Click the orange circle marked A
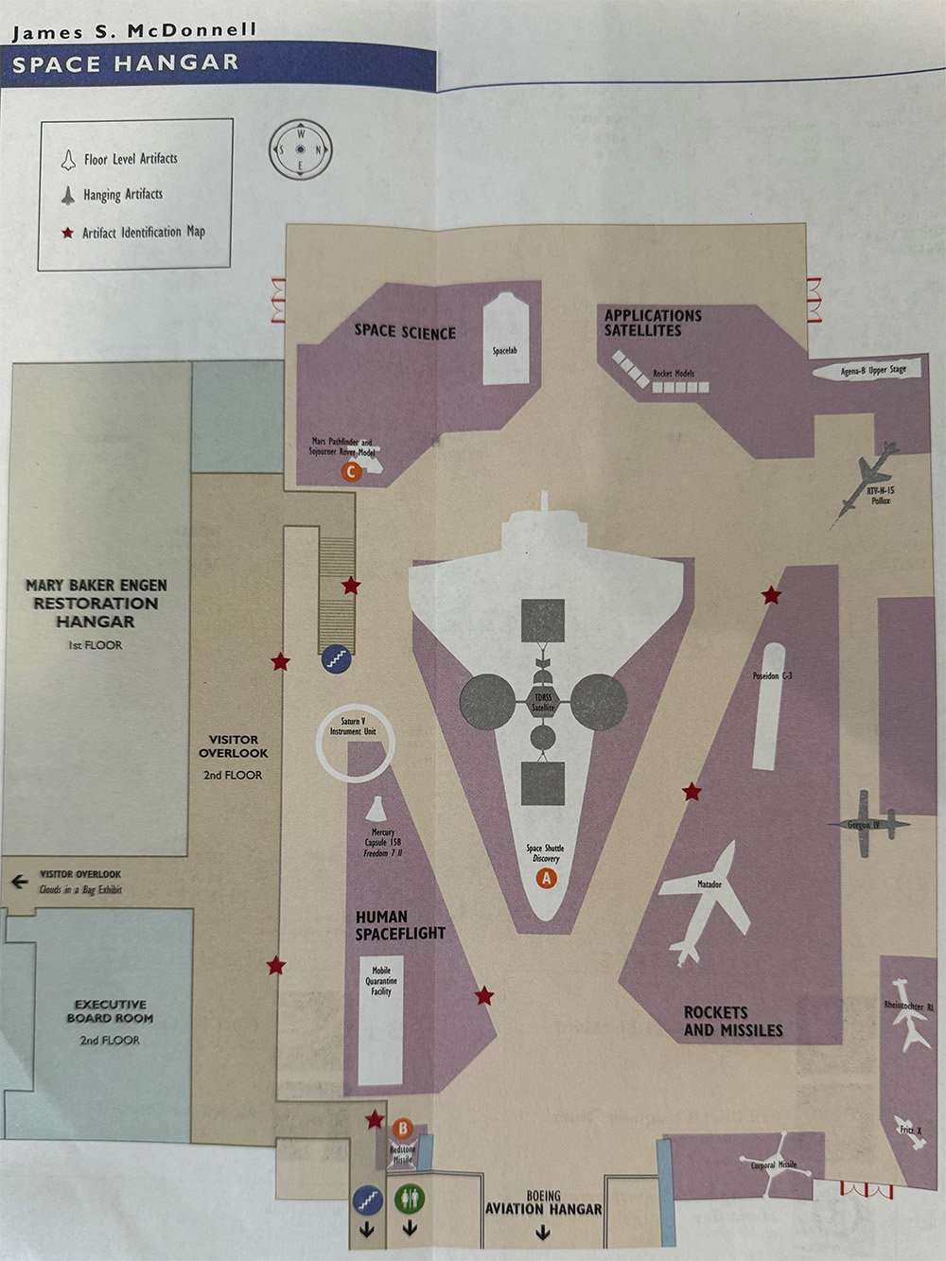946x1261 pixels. (x=545, y=878)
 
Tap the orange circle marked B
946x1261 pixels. (x=402, y=1129)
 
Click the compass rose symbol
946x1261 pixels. (x=300, y=149)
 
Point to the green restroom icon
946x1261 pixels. (x=410, y=1200)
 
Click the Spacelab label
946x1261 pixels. (x=505, y=351)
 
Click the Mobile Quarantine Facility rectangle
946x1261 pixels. (x=381, y=1020)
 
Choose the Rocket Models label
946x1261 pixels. (x=674, y=374)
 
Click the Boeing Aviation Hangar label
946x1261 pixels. (x=543, y=1203)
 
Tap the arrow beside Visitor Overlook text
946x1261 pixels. (x=19, y=882)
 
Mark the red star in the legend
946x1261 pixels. (x=67, y=232)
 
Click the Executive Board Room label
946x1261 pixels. (x=110, y=1012)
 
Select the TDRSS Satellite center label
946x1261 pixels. (x=542, y=702)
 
